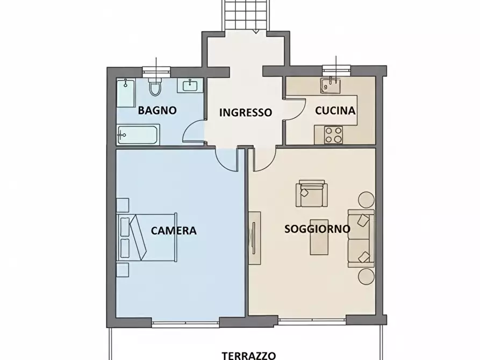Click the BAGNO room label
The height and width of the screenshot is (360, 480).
pyautogui.click(x=157, y=111)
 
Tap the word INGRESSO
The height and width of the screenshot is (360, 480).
pyautogui.click(x=246, y=112)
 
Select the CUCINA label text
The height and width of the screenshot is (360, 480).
pyautogui.click(x=335, y=111)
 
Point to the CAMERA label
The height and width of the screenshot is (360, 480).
pyautogui.click(x=174, y=231)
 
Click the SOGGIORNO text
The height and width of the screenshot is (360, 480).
pyautogui.click(x=317, y=229)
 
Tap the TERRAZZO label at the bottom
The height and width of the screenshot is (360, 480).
pyautogui.click(x=249, y=355)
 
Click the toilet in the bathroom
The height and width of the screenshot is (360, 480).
pyautogui.click(x=155, y=87)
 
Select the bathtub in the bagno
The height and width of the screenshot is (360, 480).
pyautogui.click(x=137, y=135)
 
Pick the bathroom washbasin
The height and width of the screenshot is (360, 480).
pyautogui.click(x=191, y=86)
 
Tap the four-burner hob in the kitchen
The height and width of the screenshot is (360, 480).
pyautogui.click(x=334, y=134)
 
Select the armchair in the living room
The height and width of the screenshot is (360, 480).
pyautogui.click(x=311, y=195)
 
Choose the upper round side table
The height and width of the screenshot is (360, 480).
pyautogui.click(x=367, y=199)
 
